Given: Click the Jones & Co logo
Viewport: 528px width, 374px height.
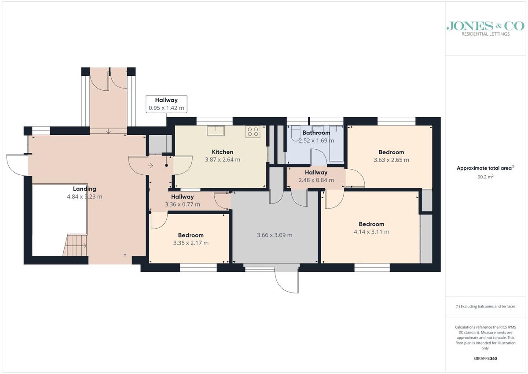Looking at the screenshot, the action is tap(485, 29).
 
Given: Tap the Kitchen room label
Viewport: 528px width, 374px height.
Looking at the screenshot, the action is tap(223, 152).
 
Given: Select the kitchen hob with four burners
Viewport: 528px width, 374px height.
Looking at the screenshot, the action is tap(253, 132).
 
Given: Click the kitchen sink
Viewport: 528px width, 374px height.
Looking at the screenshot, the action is tap(216, 131).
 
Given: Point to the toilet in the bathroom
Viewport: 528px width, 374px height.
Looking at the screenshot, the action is tap(296, 133).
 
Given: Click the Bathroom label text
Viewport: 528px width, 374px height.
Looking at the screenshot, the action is tap(316, 133).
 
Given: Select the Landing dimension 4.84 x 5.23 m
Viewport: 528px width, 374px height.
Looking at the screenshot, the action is tap(84, 196).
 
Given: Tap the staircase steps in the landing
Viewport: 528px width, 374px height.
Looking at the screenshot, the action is tap(75, 245).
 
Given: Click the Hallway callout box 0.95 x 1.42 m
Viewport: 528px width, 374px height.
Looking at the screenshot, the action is tap(166, 104).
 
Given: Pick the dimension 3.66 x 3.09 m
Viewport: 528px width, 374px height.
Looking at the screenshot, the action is tap(275, 235).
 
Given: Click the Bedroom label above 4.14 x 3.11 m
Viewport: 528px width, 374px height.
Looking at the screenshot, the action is tap(371, 224).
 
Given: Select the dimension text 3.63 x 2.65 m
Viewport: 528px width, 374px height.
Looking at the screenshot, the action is tap(391, 160).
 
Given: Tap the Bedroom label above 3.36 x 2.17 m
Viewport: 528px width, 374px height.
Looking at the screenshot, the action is tap(191, 235).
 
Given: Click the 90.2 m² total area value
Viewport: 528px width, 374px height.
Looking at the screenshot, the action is tap(485, 177).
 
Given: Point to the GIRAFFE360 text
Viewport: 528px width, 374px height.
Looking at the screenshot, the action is tap(485, 359).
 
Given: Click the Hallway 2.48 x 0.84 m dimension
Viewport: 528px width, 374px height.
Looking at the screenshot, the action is tap(316, 180).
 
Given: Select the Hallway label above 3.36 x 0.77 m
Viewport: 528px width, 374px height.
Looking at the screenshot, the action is tap(183, 197).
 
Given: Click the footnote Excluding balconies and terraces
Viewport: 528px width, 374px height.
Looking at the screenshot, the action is tap(485, 306).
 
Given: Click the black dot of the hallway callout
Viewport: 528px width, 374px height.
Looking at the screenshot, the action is tap(166, 165).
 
